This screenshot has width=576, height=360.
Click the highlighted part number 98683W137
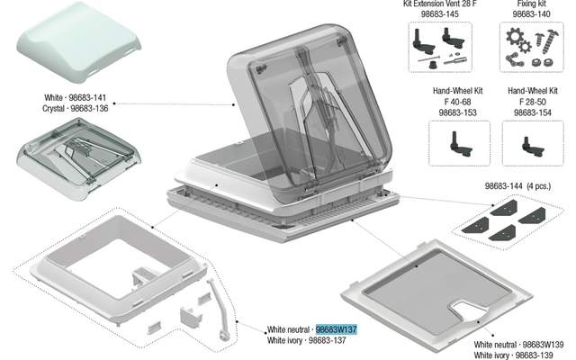pos(337,330)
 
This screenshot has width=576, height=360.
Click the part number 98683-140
pos(530,14)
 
